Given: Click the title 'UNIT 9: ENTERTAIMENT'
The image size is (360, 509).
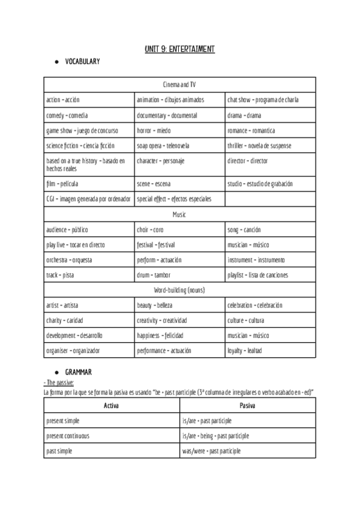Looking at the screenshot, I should pyautogui.click(x=179, y=49).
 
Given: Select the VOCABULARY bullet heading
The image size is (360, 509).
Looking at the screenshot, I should pyautogui.click(x=82, y=62).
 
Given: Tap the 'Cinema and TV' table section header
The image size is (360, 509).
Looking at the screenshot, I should pyautogui.click(x=179, y=85).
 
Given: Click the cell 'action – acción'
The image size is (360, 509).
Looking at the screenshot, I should pyautogui.click(x=63, y=100).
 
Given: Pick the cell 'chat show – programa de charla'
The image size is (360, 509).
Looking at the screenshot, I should pyautogui.click(x=263, y=100).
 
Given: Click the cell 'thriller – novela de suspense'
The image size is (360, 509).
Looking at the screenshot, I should pyautogui.click(x=259, y=146).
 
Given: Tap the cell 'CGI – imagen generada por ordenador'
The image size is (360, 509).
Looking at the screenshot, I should pyautogui.click(x=88, y=199).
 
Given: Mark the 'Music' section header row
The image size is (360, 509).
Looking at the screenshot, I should pyautogui.click(x=179, y=214).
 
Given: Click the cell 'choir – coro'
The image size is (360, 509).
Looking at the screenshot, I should pyautogui.click(x=150, y=230).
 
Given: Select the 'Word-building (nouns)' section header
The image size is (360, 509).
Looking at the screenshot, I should pyautogui.click(x=179, y=290).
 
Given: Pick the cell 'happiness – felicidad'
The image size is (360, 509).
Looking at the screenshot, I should pyautogui.click(x=160, y=336).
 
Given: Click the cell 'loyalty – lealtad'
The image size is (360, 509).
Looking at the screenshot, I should pyautogui.click(x=244, y=351).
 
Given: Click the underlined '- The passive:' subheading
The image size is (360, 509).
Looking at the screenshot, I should pyautogui.click(x=59, y=382).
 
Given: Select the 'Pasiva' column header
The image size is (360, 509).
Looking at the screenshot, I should pyautogui.click(x=247, y=406).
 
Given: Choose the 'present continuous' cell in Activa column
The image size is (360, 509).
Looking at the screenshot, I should pyautogui.click(x=67, y=436).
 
